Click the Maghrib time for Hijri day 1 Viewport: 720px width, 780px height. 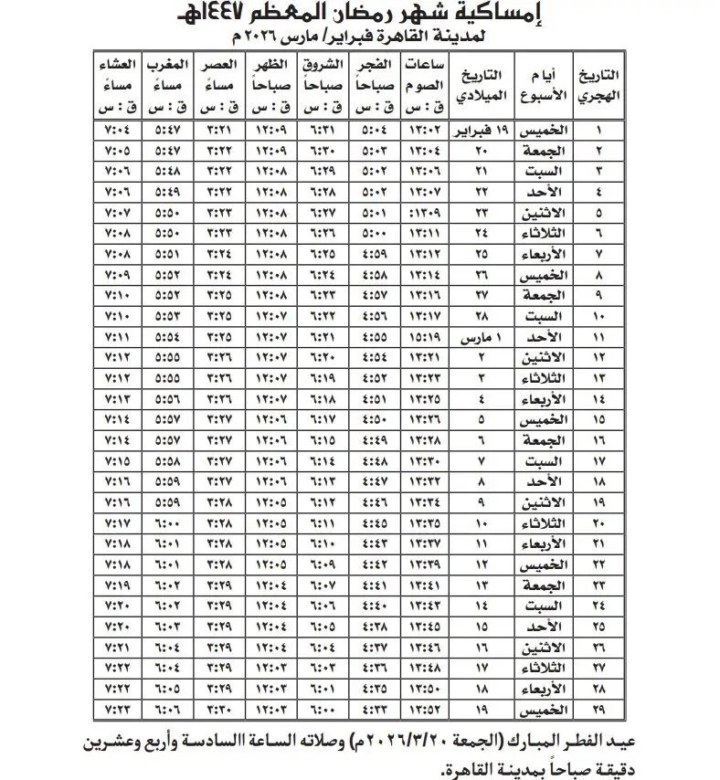tap(167, 129)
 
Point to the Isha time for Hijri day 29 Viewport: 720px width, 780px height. tap(119, 708)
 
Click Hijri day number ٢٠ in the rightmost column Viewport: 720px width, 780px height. tap(598, 522)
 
